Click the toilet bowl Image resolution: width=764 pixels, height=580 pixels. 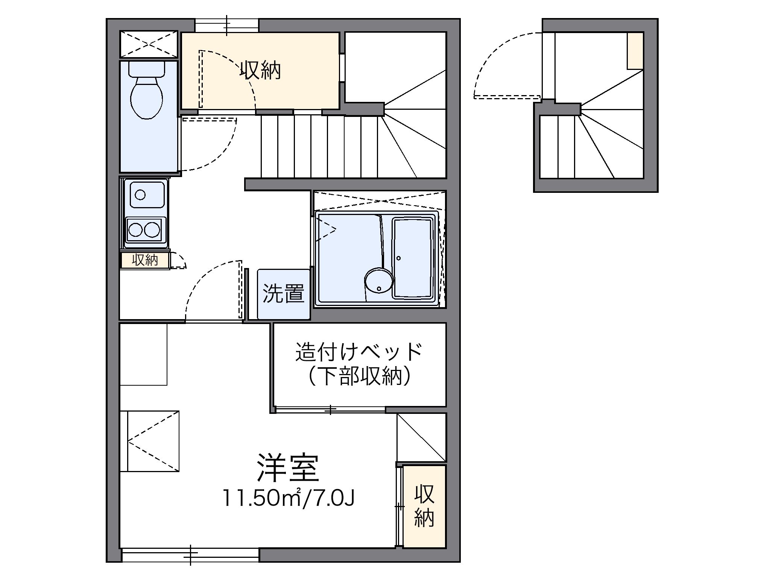click(146, 97)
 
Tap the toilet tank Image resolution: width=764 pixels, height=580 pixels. click(146, 68)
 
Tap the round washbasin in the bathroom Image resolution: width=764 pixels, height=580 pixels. click(378, 280)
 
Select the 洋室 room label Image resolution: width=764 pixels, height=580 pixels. click(288, 468)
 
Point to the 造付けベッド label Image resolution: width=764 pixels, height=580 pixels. click(359, 351)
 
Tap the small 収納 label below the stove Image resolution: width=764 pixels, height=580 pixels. click(145, 260)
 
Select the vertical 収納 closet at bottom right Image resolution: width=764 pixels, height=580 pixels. click(424, 506)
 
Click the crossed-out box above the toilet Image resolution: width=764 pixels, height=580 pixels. click(149, 44)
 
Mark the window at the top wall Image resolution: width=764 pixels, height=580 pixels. click(227, 25)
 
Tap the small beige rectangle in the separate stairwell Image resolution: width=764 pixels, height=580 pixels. click(635, 51)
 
